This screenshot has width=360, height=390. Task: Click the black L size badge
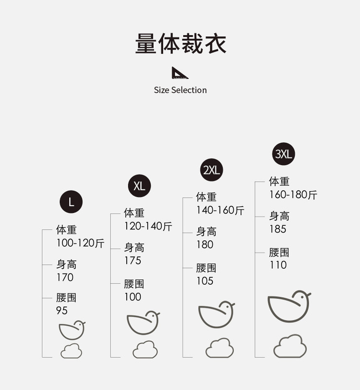71,202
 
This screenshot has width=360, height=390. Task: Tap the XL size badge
139,186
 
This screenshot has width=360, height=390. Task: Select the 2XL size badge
211,170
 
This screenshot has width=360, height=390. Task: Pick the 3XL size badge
284,155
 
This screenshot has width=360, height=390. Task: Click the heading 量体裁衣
180,44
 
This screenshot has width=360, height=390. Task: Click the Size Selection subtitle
180,90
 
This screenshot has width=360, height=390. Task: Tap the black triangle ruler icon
180,73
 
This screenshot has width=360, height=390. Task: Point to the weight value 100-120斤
80,243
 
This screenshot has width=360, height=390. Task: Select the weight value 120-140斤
148,226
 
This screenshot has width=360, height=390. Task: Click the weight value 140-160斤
220,210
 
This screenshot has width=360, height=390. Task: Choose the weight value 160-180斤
293,195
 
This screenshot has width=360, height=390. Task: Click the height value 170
65,277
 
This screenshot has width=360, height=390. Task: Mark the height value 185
278,229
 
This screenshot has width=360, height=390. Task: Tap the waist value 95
62,311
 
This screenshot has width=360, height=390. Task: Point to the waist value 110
278,265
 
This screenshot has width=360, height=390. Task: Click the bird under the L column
72,330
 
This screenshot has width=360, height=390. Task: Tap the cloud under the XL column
145,350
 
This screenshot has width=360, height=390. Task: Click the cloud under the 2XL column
219,348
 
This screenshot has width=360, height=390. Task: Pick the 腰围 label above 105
206,268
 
